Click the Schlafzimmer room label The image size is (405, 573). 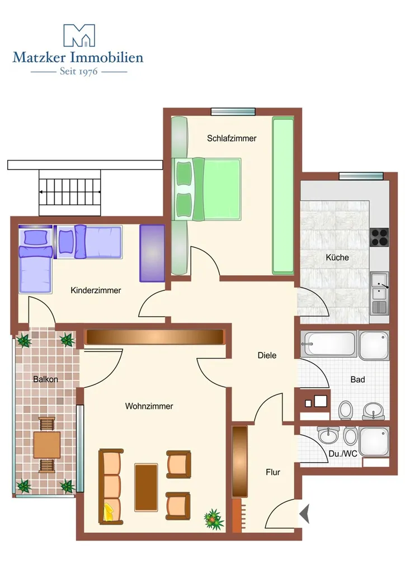(232, 139)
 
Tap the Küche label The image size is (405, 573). (337, 257)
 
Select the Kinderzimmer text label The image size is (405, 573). (96, 290)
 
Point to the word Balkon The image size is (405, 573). (46, 379)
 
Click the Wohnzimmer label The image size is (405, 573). (149, 406)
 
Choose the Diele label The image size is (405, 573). (267, 355)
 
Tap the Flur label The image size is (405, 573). (273, 472)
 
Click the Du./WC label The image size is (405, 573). (342, 454)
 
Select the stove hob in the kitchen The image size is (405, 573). (379, 237)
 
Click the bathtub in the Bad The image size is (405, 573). (329, 344)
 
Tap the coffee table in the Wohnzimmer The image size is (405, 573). (146, 487)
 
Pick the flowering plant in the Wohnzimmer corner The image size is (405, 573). (214, 519)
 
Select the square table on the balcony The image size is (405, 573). (47, 445)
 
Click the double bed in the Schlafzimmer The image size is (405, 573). (206, 189)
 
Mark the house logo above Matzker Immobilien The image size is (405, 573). (79, 35)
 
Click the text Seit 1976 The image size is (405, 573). (79, 71)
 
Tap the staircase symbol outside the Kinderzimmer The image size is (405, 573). (70, 192)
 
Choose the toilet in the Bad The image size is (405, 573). (345, 410)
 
